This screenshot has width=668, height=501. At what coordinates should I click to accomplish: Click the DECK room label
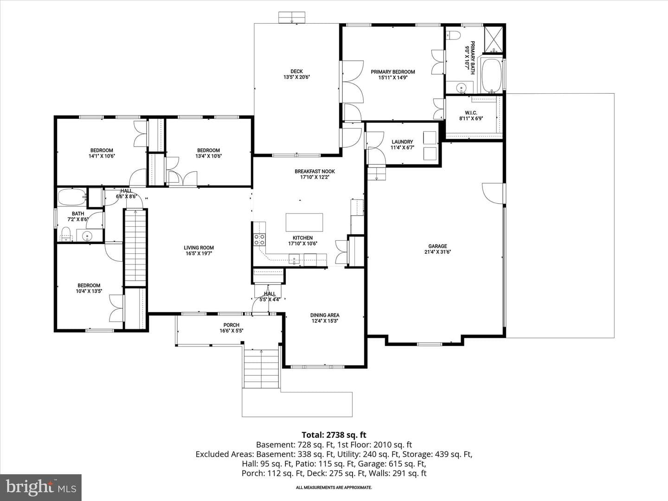[x=296, y=71]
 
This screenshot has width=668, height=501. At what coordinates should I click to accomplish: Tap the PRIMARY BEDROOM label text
[x=392, y=72]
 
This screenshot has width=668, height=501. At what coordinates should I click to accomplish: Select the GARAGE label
[x=437, y=246]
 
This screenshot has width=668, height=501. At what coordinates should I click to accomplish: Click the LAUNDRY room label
[x=402, y=142]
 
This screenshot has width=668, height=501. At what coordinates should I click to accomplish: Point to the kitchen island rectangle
[x=304, y=222]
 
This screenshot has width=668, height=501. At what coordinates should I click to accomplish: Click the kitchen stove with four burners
[x=259, y=239]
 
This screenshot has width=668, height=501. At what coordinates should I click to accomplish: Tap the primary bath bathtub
[x=491, y=76]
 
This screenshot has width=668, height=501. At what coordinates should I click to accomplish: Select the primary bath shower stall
[x=493, y=39]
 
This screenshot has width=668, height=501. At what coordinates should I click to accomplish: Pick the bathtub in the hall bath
[x=72, y=197]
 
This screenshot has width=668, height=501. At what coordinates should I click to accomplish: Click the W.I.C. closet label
[x=471, y=113]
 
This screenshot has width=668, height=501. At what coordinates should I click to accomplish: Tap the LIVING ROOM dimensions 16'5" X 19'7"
[x=199, y=253]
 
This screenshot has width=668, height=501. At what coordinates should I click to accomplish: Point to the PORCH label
[x=231, y=325]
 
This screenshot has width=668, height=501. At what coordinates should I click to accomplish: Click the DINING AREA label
[x=325, y=315]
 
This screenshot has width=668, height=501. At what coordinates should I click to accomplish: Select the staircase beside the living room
[x=136, y=247]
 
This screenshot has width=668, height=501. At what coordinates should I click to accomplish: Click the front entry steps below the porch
[x=261, y=368]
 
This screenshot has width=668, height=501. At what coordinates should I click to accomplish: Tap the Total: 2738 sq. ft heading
[x=334, y=435]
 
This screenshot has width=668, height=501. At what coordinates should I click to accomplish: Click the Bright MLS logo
[x=41, y=487]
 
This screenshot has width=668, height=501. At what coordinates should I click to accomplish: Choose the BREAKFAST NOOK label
[x=315, y=171]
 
